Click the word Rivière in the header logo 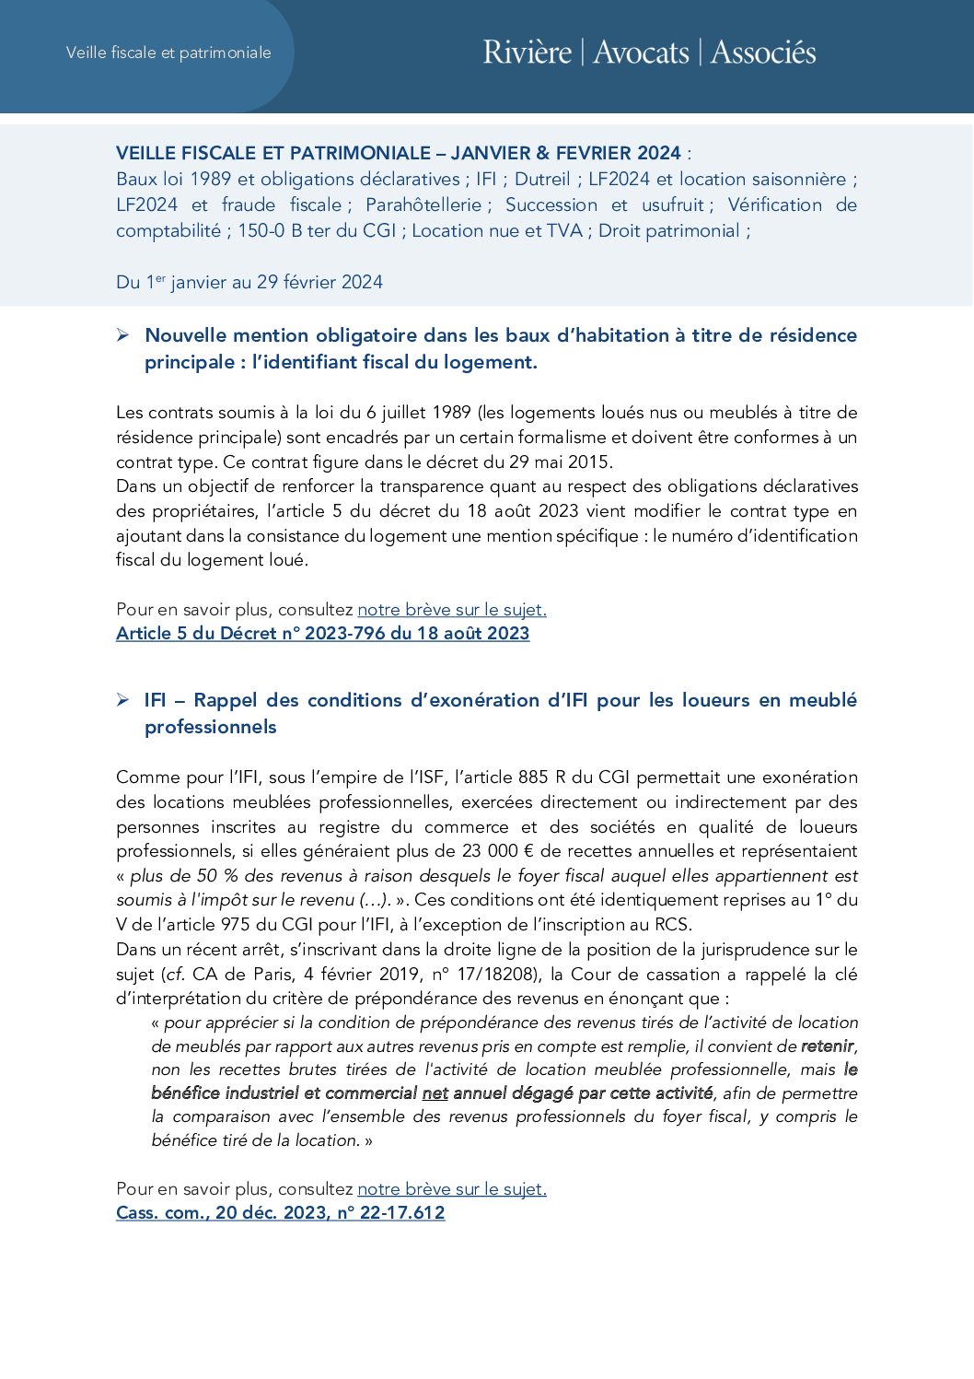[x=527, y=53]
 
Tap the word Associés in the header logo [x=763, y=53]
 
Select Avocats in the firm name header [x=641, y=53]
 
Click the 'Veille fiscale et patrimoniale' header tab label [x=168, y=53]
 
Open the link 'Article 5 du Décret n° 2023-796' [x=322, y=634]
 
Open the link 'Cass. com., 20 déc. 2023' [x=280, y=1213]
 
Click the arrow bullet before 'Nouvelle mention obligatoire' [x=122, y=335]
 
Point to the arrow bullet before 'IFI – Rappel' [x=122, y=700]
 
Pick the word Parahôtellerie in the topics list [x=423, y=205]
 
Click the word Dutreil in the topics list [x=542, y=179]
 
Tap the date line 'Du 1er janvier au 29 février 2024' [x=249, y=282]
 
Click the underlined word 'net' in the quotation [x=435, y=1093]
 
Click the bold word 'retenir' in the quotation [x=827, y=1046]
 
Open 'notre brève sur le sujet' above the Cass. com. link [x=452, y=1189]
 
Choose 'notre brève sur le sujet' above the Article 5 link [x=452, y=610]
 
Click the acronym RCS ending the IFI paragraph [x=672, y=925]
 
